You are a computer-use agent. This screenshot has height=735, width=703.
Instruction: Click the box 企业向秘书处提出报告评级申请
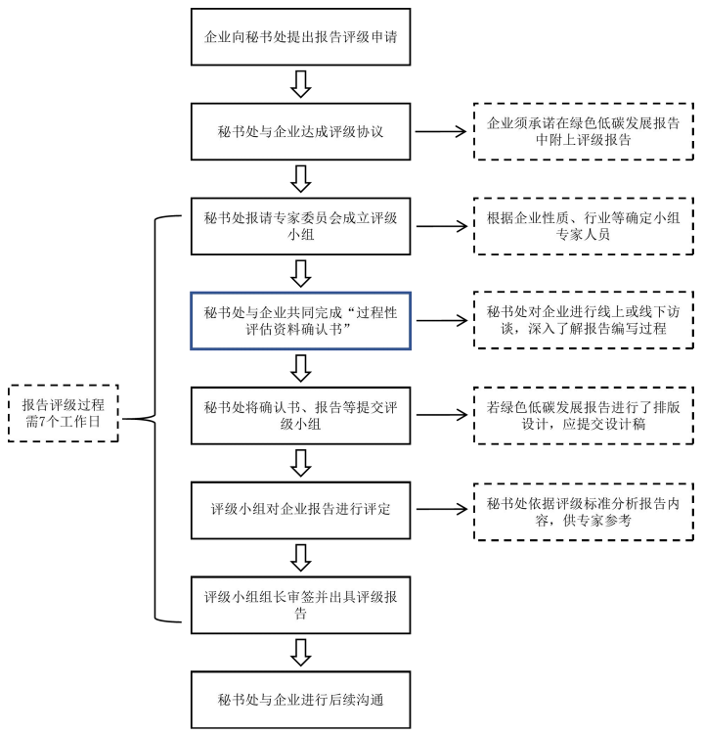[301, 38]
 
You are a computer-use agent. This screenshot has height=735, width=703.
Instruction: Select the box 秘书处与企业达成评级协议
[301, 131]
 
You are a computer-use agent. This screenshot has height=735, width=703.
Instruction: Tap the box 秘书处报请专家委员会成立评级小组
[301, 225]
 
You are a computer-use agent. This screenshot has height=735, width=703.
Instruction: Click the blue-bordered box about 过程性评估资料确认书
[301, 320]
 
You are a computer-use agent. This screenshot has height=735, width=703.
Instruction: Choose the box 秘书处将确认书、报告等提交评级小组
[301, 415]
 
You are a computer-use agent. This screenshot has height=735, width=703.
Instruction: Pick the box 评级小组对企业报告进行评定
[301, 510]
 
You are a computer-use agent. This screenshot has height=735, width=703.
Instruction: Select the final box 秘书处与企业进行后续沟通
[301, 699]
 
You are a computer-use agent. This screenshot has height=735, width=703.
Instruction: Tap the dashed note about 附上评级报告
[570, 131]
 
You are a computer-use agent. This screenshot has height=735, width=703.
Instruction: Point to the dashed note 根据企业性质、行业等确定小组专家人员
[570, 225]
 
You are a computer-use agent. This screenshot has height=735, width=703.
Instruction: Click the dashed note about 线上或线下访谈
[570, 320]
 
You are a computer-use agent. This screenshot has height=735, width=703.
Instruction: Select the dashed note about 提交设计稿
[570, 415]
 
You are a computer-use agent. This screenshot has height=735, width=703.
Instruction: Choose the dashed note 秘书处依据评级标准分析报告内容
[570, 510]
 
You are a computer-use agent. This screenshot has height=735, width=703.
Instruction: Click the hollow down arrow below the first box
[301, 85]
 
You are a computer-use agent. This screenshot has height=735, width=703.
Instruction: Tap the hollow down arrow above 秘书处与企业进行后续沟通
[301, 652]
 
